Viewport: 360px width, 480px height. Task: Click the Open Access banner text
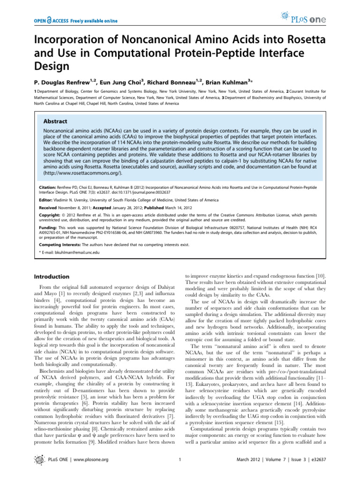[75, 21]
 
